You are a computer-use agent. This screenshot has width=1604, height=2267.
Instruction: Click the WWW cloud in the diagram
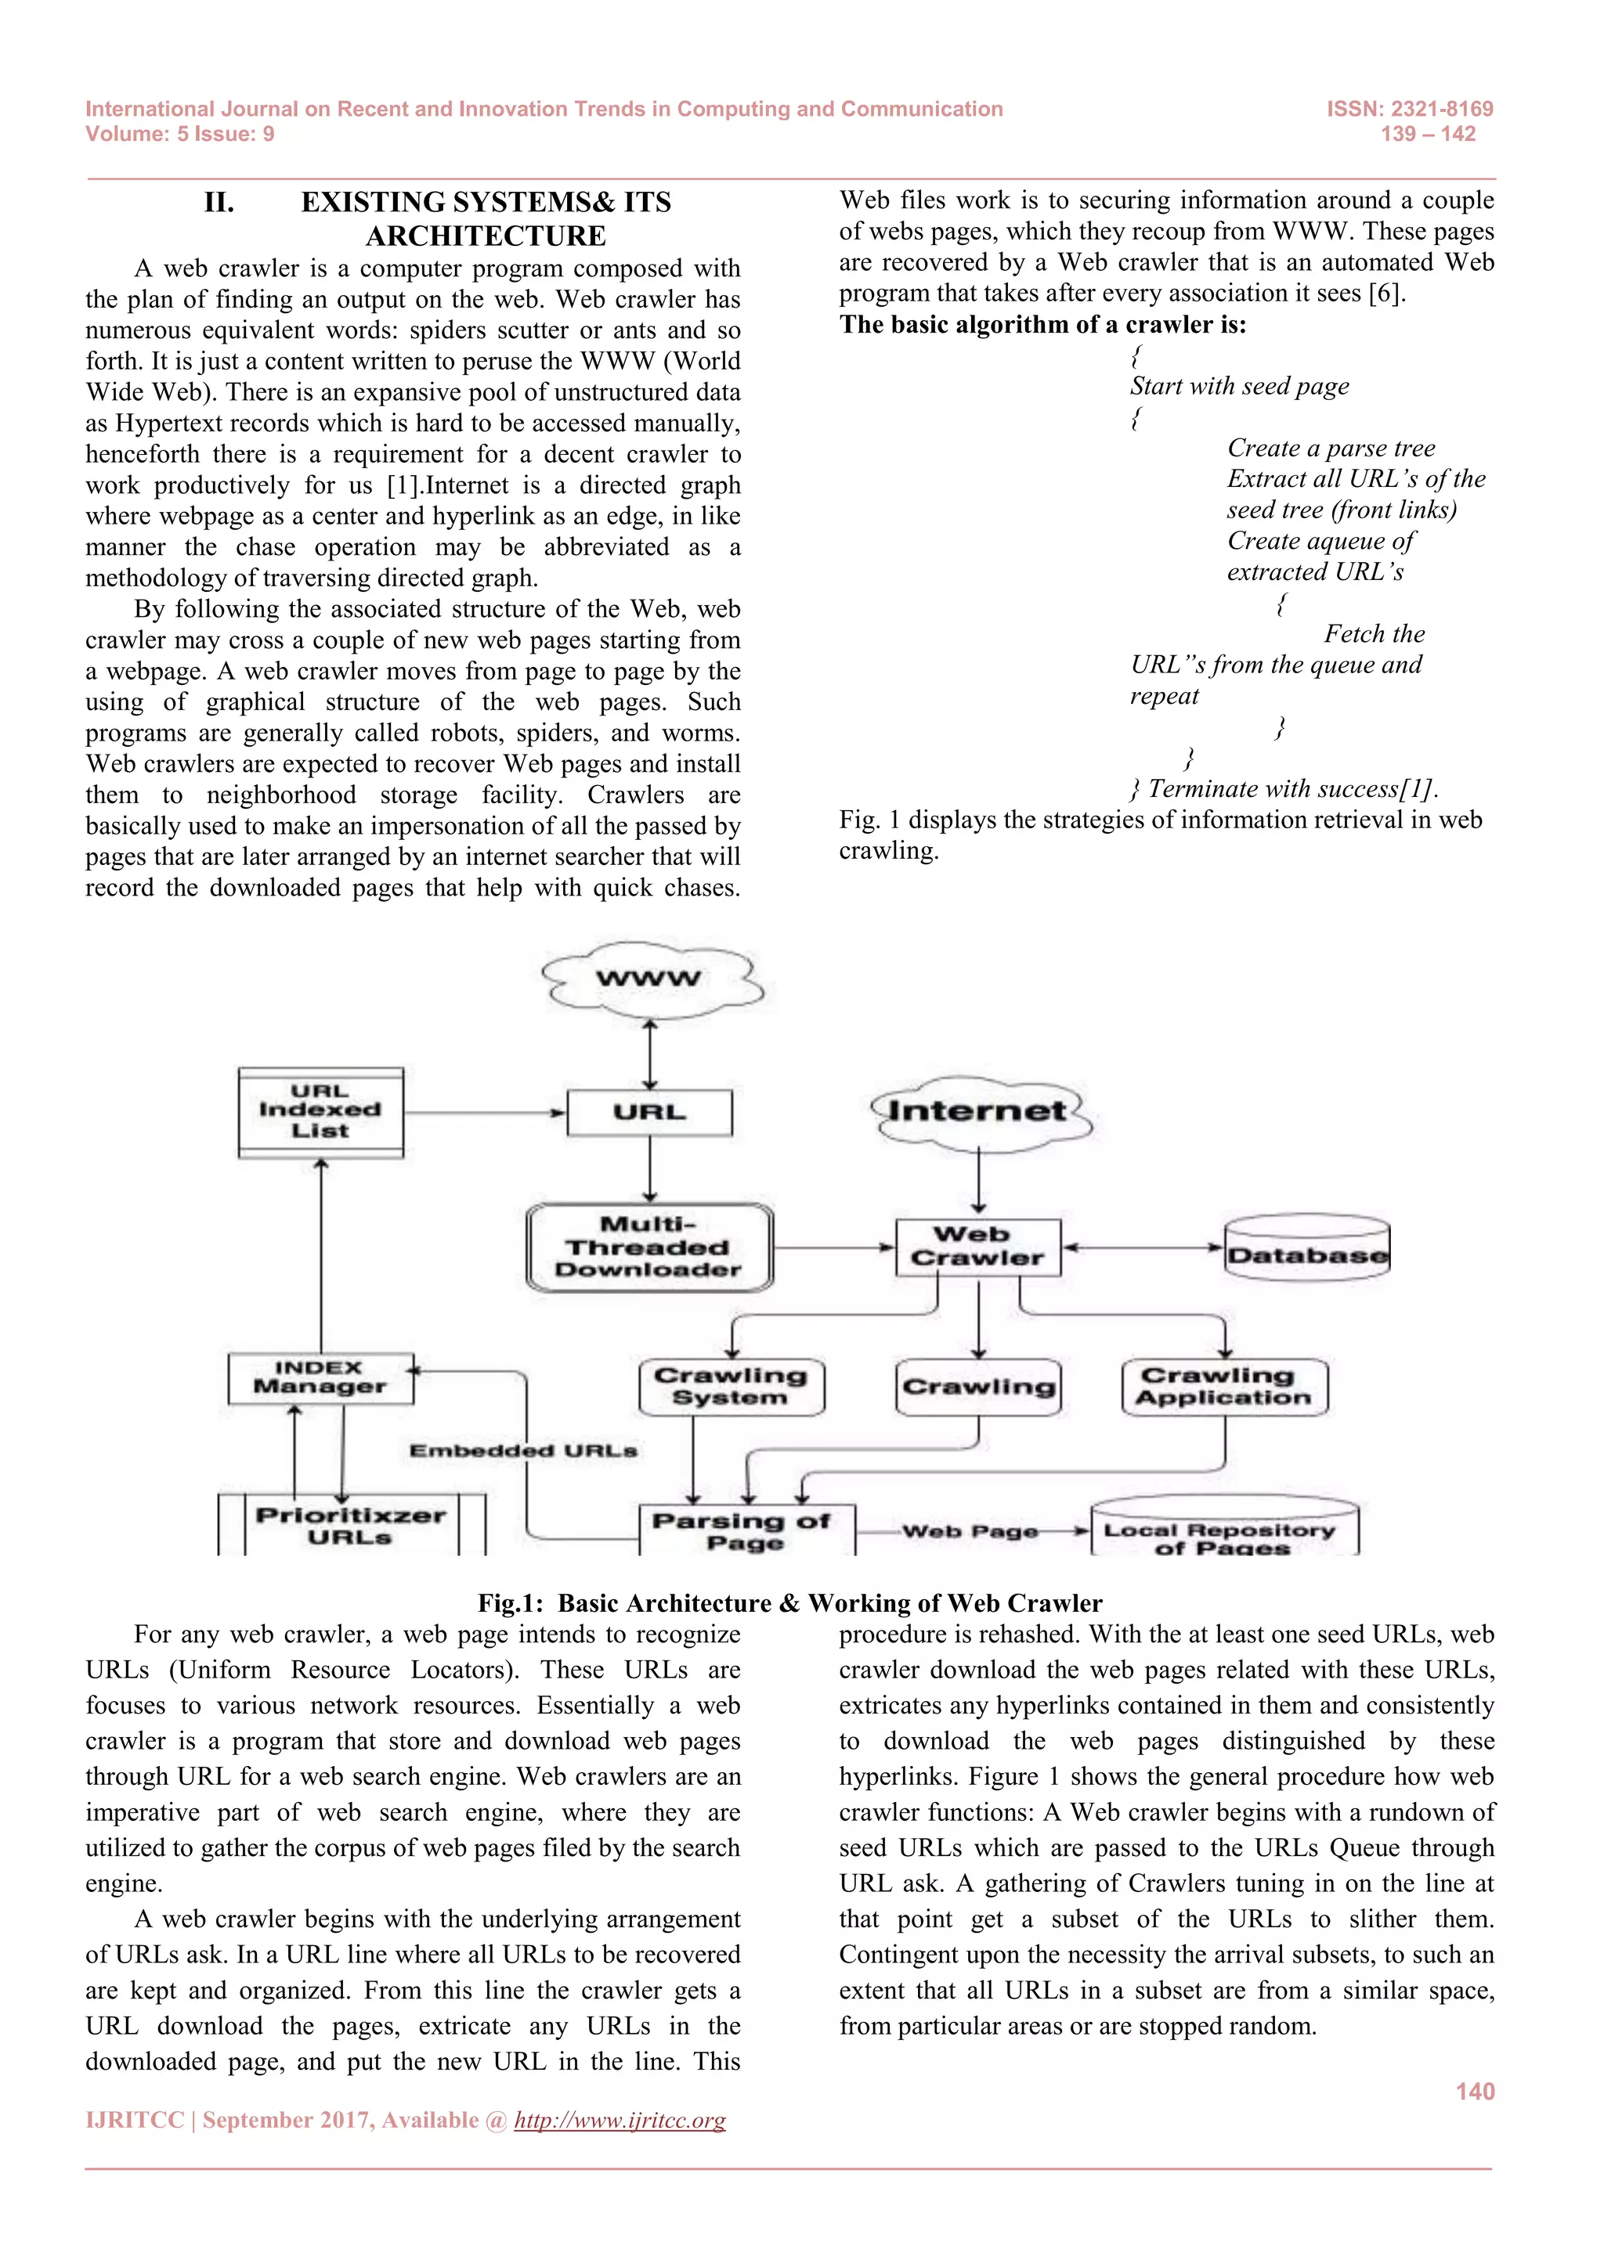(x=650, y=979)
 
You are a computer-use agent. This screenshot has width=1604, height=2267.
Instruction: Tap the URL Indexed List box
(x=321, y=1112)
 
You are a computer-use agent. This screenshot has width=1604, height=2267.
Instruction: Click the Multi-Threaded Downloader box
(x=649, y=1248)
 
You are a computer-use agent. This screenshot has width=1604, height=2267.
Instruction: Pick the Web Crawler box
(x=977, y=1247)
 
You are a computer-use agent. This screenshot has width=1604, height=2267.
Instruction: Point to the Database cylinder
(x=1306, y=1251)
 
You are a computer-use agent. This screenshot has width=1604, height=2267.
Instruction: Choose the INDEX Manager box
(x=320, y=1378)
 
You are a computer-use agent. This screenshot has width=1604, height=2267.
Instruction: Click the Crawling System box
(x=731, y=1386)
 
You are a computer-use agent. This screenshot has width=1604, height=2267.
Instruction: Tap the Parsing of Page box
(x=746, y=1530)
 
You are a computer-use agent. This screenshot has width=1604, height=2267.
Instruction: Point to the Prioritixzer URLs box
(x=351, y=1526)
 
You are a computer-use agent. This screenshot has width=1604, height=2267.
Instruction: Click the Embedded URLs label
(x=523, y=1451)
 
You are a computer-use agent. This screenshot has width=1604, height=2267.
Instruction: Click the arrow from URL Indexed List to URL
(x=484, y=1113)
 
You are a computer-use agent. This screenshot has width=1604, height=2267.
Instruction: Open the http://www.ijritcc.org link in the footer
(x=620, y=2121)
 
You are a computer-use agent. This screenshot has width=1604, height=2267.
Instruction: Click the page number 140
(x=1475, y=2091)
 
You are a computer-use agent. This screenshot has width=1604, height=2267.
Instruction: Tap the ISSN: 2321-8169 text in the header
(x=1410, y=109)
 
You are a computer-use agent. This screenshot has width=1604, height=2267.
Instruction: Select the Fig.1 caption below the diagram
(x=789, y=1602)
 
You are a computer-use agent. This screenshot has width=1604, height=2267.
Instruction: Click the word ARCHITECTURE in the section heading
(x=486, y=236)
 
